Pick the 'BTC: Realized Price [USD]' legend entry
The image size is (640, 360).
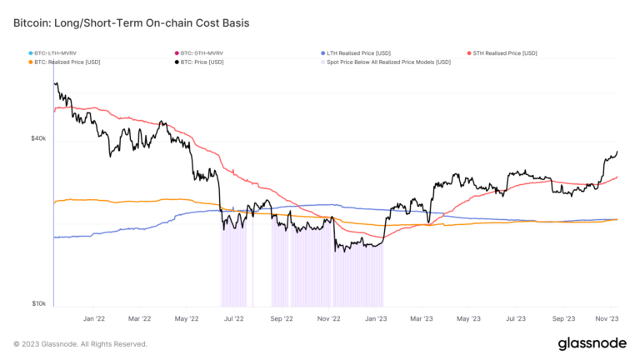(67, 62)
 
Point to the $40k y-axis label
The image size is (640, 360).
(38, 138)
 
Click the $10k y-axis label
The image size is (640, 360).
(38, 303)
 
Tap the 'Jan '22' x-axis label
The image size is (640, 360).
(93, 318)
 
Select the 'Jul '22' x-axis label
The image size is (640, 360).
(234, 318)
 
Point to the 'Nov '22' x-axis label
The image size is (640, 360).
(330, 318)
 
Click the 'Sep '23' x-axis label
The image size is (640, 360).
(564, 318)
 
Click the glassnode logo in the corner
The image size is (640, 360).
(592, 343)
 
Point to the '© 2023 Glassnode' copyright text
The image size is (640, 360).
(80, 343)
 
